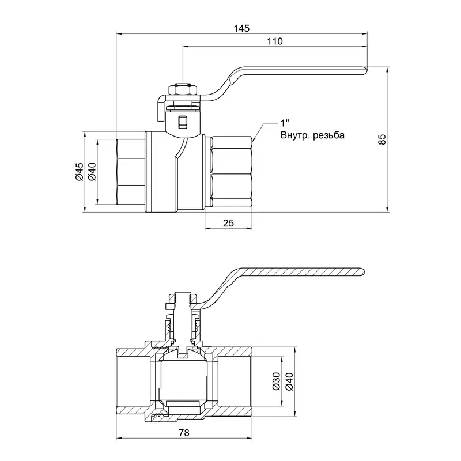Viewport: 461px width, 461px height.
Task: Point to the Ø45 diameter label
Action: pos(80,172)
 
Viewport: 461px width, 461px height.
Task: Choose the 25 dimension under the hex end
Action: pos(228,223)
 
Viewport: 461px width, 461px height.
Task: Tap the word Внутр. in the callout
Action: pos(294,136)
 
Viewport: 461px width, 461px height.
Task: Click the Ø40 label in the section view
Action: pos(290,381)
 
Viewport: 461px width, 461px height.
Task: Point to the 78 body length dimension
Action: pos(183,433)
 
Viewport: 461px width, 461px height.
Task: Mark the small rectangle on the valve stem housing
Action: pos(183,122)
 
